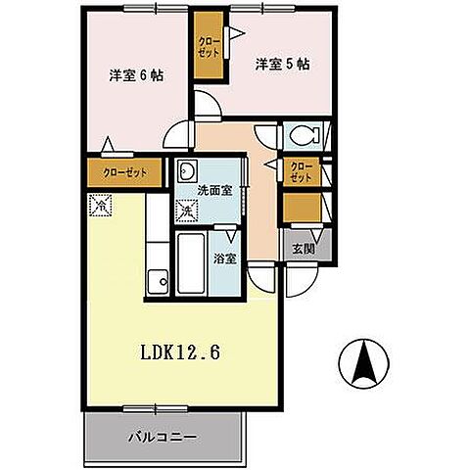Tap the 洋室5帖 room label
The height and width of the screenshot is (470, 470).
(283, 65)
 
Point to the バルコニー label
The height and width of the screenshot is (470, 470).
(164, 438)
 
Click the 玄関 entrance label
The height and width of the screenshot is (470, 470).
(303, 248)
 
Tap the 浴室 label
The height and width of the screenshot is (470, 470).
(225, 259)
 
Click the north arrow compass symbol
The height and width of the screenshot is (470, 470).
(364, 365)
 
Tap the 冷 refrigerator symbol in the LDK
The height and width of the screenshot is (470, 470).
(99, 206)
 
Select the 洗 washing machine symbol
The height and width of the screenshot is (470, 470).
(186, 211)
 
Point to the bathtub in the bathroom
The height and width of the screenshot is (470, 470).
(191, 265)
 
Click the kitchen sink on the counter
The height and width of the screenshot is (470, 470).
(157, 283)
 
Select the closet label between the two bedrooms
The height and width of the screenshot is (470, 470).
(208, 45)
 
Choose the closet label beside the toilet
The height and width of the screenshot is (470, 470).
(301, 172)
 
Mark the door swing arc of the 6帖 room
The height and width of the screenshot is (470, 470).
(205, 104)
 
